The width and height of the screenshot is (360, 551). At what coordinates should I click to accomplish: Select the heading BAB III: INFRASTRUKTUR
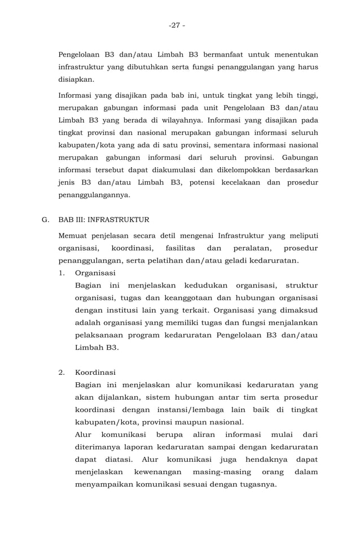click(104, 220)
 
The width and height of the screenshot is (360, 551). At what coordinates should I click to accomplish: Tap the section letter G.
click(45, 220)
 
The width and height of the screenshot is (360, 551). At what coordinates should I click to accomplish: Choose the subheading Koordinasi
click(95, 373)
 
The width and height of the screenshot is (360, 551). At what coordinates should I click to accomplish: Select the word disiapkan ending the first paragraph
click(77, 80)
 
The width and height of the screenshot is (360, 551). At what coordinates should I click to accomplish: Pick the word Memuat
click(73, 235)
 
